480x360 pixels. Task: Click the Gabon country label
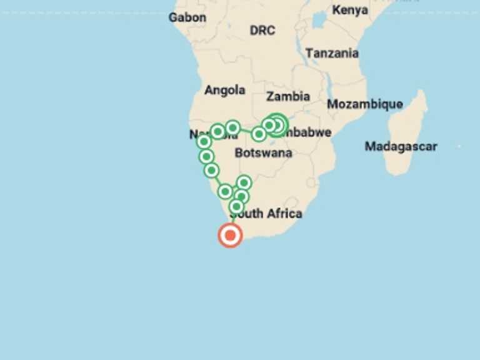click(x=187, y=17)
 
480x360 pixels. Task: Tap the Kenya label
click(x=350, y=10)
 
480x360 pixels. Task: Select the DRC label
click(x=262, y=30)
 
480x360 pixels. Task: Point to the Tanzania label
click(x=332, y=53)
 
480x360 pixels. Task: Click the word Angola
click(x=224, y=90)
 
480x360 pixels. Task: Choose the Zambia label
click(x=288, y=96)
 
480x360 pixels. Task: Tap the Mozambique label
click(x=365, y=104)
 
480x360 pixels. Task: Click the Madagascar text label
click(x=401, y=146)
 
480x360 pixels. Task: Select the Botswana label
click(x=263, y=152)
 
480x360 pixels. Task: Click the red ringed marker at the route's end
click(x=230, y=236)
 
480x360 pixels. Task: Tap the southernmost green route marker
click(x=236, y=206)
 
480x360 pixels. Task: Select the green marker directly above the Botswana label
click(x=259, y=134)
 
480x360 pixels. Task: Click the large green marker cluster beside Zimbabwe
click(x=277, y=125)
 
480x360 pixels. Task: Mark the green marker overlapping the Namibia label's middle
click(x=217, y=131)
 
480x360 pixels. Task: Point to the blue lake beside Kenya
click(x=320, y=20)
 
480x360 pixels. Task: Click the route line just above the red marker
click(x=232, y=219)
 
